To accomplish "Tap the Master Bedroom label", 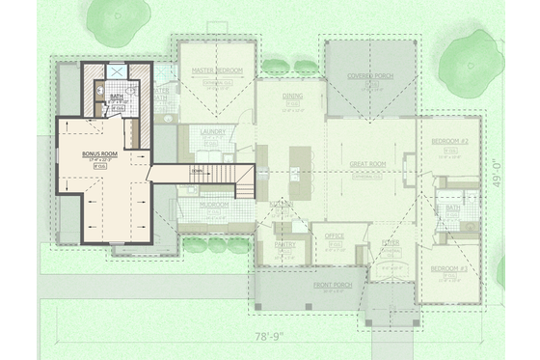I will pos(216,71).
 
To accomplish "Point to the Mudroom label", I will pos(213,205).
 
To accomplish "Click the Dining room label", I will pos(293,97).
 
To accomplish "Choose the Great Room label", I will pos(368,165).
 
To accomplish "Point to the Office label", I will pos(336,235).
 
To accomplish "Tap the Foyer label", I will pos(391,242).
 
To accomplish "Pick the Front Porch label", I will pos(333,286).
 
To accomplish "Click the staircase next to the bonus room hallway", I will pos(231,177).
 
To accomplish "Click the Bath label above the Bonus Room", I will pos(117,97).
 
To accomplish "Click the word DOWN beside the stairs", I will pos(196,172).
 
